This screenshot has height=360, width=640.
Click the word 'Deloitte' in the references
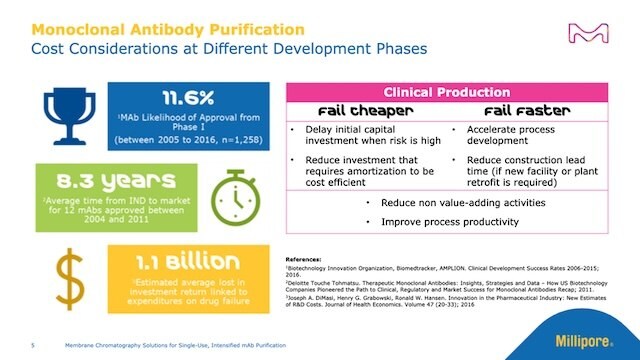[x=303, y=283]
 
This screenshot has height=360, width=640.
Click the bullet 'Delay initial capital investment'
[x=371, y=137]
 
